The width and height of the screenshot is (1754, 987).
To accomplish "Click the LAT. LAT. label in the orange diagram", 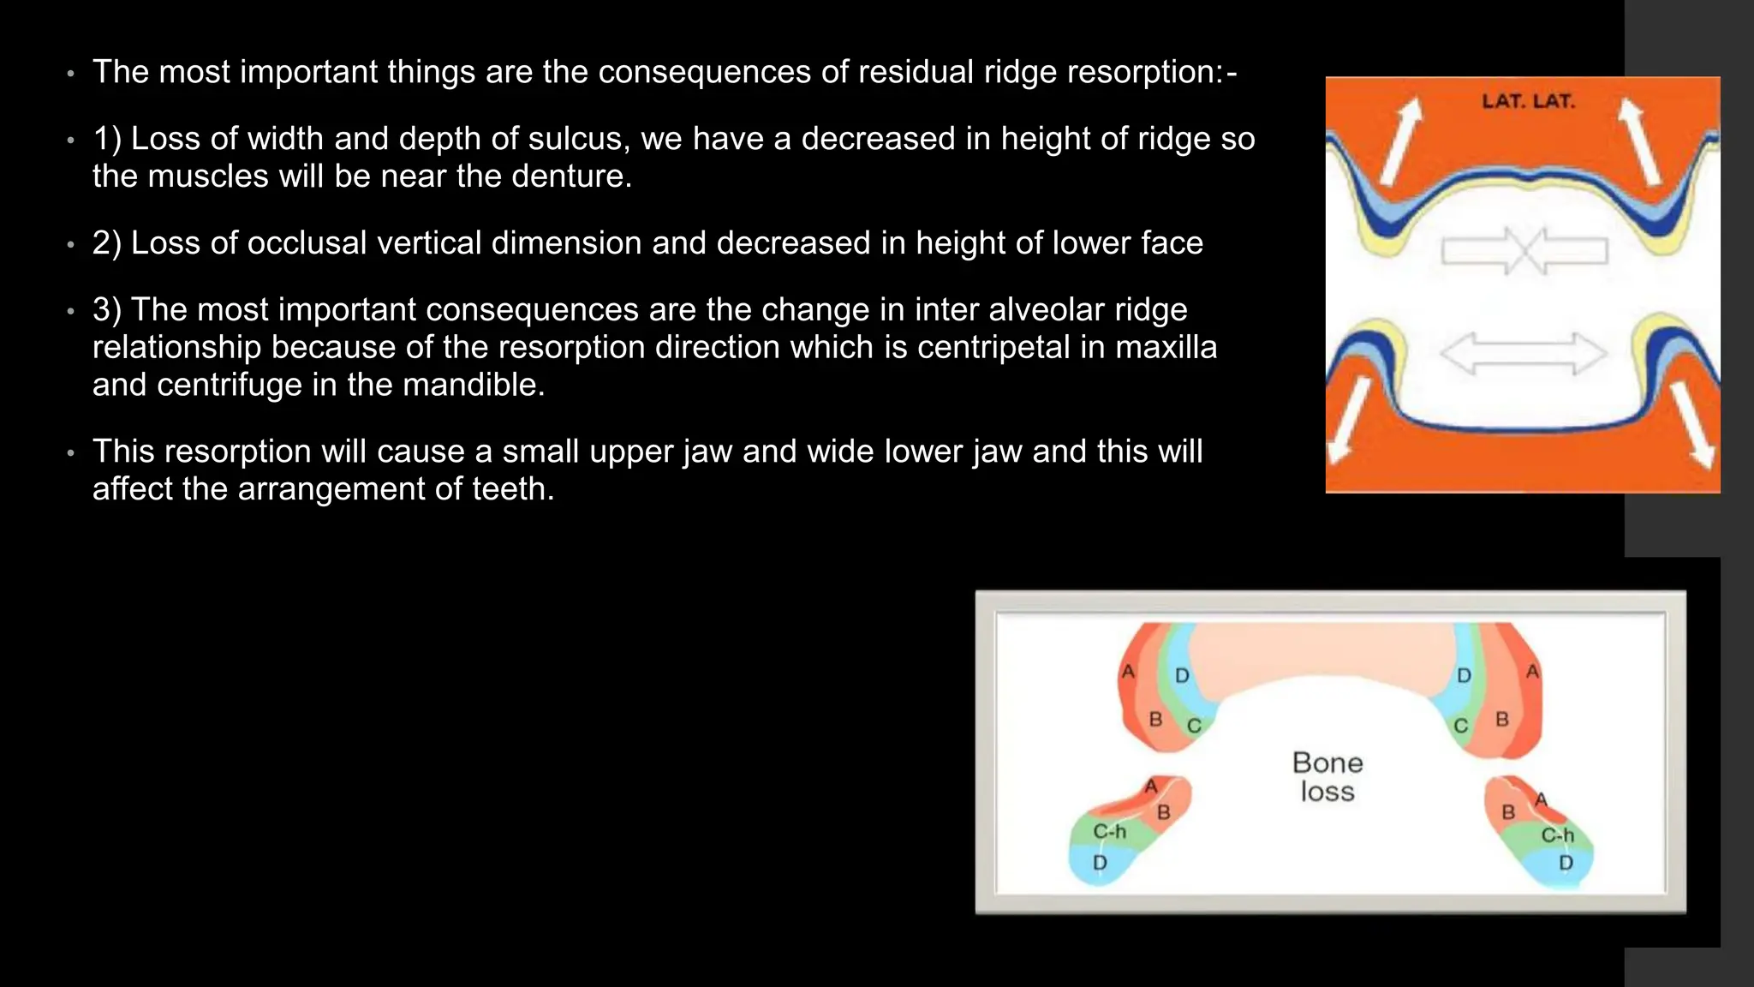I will [x=1528, y=101].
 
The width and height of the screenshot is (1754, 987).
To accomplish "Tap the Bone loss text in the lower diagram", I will [x=1327, y=776].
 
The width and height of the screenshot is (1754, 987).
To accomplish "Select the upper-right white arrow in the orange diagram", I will [x=1641, y=141].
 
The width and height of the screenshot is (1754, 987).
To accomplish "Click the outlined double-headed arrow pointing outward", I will [x=1523, y=354].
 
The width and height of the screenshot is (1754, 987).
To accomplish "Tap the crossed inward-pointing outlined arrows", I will [x=1524, y=251].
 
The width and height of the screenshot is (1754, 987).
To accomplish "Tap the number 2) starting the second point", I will [x=107, y=243].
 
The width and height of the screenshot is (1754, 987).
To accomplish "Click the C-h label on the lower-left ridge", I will [x=1109, y=832].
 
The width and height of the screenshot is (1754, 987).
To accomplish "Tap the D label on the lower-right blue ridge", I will [x=1566, y=863].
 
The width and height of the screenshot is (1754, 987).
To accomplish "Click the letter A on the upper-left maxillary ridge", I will [x=1128, y=672].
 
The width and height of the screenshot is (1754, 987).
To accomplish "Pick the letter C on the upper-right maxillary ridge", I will [x=1461, y=726].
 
